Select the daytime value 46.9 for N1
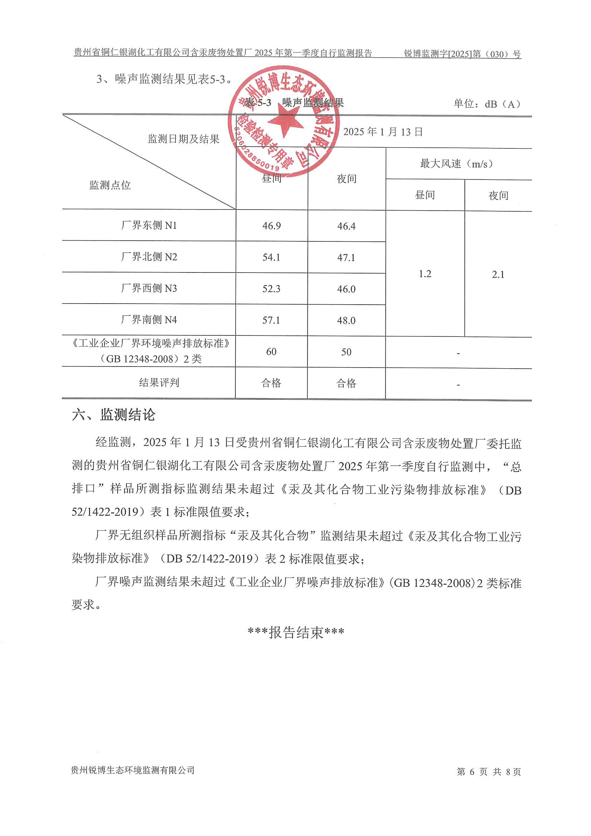coord(272,226)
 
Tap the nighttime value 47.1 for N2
coord(346,257)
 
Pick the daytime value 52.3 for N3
coord(272,289)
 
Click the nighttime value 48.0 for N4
coord(346,320)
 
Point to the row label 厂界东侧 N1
coord(149,225)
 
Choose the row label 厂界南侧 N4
coord(149,320)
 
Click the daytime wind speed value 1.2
coord(425,274)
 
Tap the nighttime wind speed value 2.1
coord(498,275)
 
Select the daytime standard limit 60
coord(271,352)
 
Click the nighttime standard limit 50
coord(346,352)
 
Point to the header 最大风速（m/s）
coord(457,164)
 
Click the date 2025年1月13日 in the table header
coord(383,132)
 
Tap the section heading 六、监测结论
coord(114,415)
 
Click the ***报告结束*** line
coord(296,633)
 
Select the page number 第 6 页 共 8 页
coord(489,772)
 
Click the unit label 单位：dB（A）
coord(487,104)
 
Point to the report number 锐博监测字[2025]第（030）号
coord(462,54)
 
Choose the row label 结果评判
coord(159,383)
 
